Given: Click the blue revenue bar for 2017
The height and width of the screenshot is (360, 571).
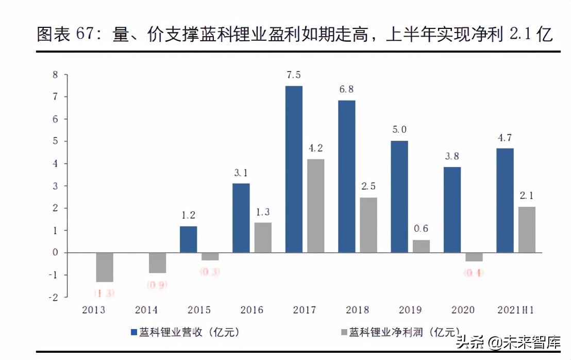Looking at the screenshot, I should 294,169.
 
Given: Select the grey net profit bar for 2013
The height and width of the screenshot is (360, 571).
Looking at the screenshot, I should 104,267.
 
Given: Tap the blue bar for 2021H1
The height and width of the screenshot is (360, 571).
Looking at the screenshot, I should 505,200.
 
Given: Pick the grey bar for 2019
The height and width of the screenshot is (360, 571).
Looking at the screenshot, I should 421,247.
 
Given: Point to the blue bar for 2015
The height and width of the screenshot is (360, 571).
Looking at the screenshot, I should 188,239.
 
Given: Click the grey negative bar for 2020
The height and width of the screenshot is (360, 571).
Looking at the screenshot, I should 474,257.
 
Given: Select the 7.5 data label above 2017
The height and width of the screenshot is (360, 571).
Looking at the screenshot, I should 294,75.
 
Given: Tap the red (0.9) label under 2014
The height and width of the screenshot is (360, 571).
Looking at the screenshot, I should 157,285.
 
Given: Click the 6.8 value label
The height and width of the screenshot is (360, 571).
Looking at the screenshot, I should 346,89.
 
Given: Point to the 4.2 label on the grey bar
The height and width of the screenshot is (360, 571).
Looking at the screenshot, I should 315,148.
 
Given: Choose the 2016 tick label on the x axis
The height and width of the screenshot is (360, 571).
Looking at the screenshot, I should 251,310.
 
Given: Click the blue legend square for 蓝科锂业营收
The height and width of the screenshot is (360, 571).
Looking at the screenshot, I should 133,333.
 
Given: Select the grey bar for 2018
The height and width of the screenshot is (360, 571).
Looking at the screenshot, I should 368,225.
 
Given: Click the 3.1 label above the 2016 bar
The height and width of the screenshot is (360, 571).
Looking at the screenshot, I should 241,173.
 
